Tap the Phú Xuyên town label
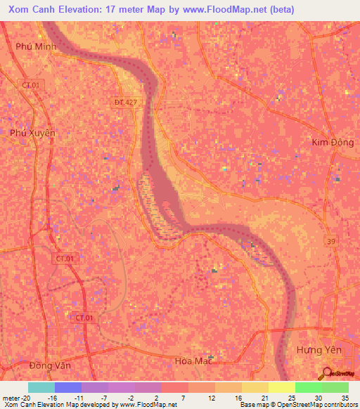(x=32, y=132)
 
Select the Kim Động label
(x=330, y=142)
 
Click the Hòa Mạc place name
(x=193, y=361)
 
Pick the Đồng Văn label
(x=51, y=365)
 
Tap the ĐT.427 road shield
(x=127, y=102)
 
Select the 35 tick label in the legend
(x=344, y=397)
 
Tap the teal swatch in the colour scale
(x=41, y=387)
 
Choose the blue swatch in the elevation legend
(x=67, y=387)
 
